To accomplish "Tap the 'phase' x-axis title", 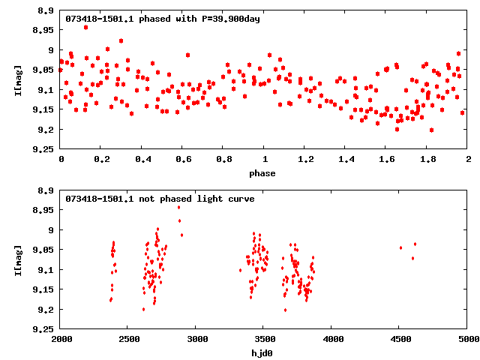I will tap(262, 173).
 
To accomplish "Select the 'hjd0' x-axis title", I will tap(262, 353).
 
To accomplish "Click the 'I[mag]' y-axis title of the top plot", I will tap(18, 79).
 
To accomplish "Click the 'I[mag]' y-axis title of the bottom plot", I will tap(18, 259).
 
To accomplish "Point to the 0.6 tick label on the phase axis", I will tap(182, 159).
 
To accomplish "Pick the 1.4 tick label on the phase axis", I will tap(346, 159).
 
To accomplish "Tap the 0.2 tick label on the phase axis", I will tap(101, 159).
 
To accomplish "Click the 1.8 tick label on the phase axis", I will tap(427, 159).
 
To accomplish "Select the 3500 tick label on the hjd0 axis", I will tap(264, 339).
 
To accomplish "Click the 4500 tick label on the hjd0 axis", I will tap(400, 339).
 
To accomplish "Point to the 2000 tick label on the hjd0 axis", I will tap(61, 339).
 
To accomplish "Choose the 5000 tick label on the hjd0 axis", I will tap(467, 339).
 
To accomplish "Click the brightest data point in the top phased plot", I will tap(86, 27).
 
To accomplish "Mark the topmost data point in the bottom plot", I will tap(178, 207).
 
